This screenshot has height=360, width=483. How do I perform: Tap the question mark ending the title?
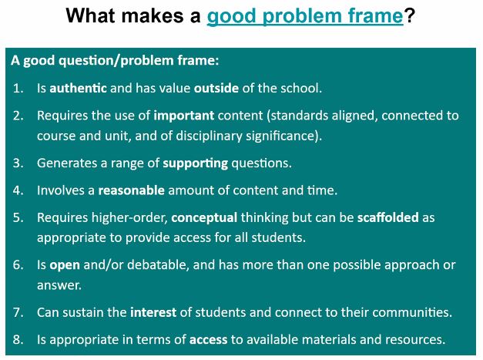(x=410, y=15)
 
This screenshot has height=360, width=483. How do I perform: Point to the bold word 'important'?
(x=184, y=116)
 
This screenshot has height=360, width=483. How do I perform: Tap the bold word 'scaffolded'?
(x=388, y=217)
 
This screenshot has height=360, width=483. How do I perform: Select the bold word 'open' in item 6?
(x=65, y=265)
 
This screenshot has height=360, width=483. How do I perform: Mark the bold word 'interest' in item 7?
(x=153, y=312)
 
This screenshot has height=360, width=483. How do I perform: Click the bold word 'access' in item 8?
(x=208, y=339)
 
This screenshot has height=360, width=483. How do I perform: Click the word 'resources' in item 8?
(x=416, y=339)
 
